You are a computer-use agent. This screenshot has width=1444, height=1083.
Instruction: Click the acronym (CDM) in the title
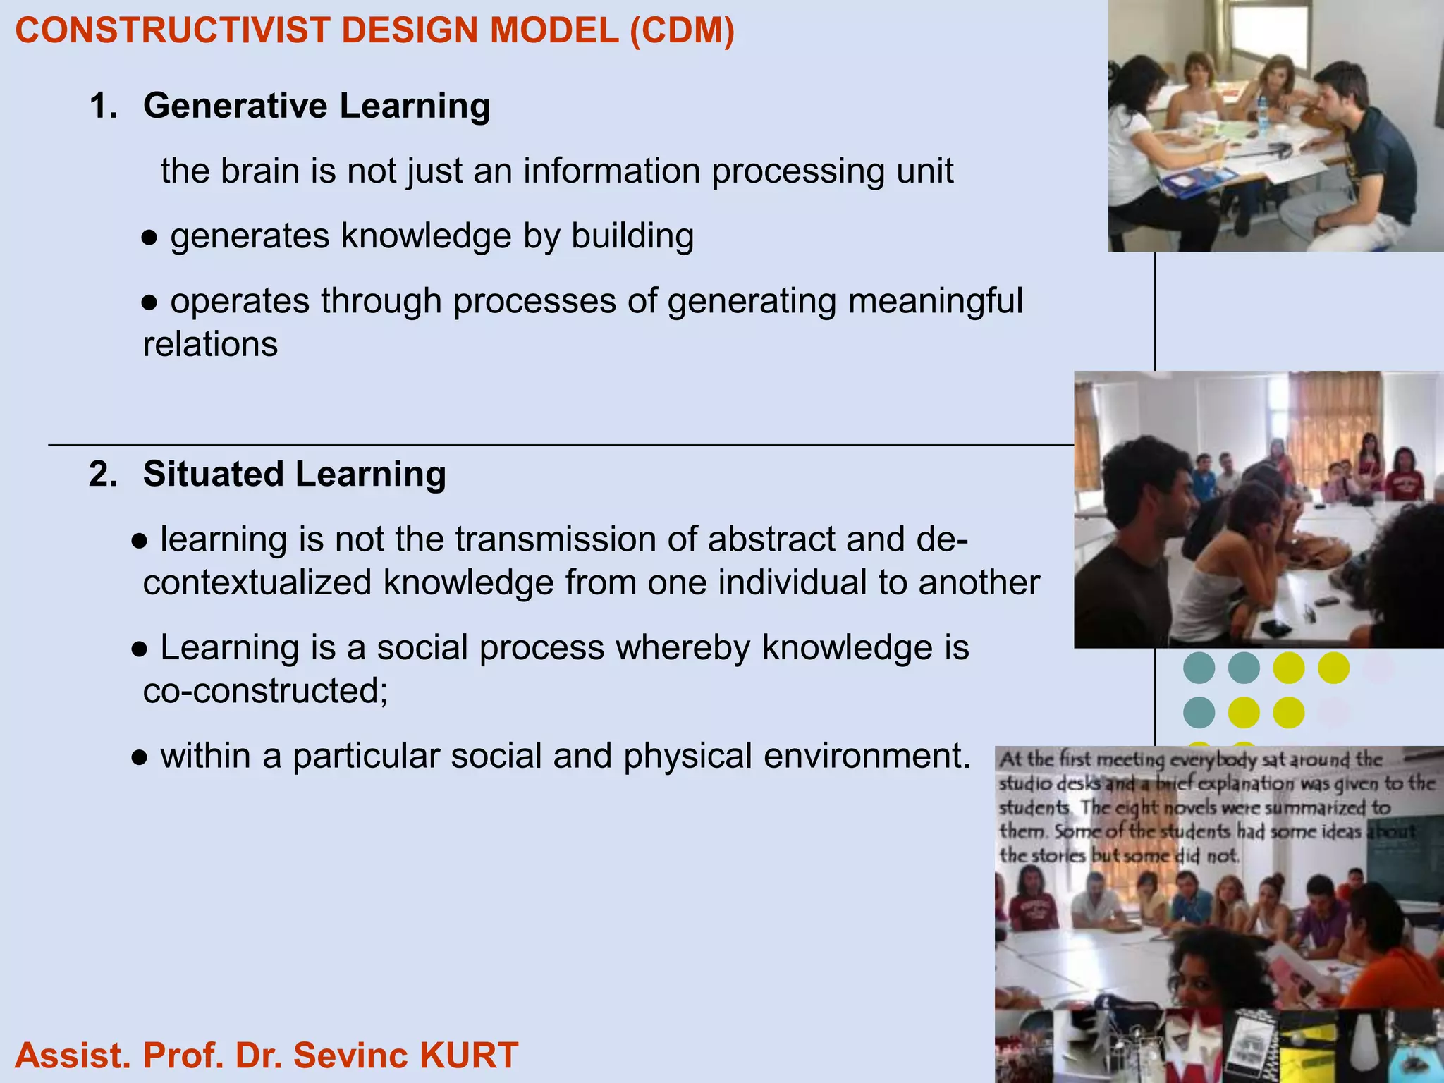point(681,31)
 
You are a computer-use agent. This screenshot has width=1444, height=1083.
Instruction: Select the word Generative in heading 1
point(235,106)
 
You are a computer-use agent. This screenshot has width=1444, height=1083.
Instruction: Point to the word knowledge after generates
point(426,236)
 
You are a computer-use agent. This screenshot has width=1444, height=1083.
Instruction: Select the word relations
point(210,345)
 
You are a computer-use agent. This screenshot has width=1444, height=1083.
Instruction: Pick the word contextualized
point(257,583)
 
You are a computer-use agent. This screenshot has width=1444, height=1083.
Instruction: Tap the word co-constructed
point(265,691)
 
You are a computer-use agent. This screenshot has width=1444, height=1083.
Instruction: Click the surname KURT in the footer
point(468,1056)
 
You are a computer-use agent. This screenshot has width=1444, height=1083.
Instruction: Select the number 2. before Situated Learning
point(103,474)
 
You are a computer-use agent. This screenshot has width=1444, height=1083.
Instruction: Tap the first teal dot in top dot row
point(1199,668)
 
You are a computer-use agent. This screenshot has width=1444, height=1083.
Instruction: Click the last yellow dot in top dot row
point(1333,668)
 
